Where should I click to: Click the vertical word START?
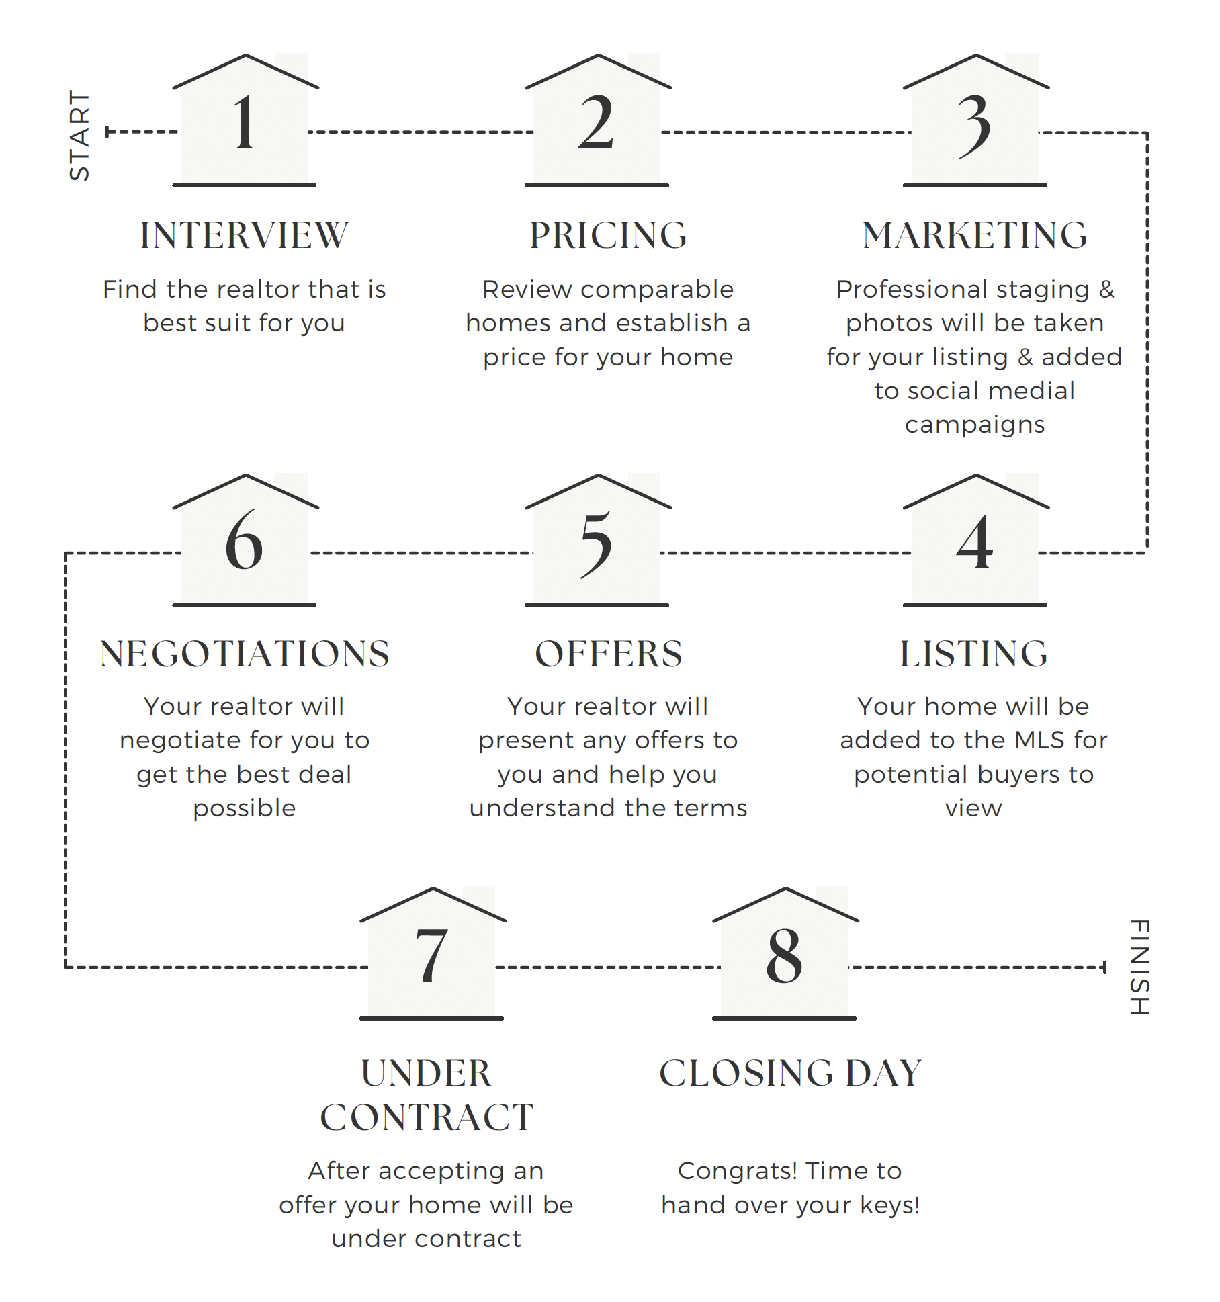[x=79, y=135]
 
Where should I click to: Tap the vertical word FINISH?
[x=1139, y=967]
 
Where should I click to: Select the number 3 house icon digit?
[x=974, y=125]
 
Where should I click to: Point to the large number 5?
[x=597, y=544]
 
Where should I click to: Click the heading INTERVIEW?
[x=244, y=236]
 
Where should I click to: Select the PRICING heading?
[x=608, y=236]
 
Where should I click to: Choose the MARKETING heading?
[x=975, y=236]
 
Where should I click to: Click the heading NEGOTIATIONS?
[x=245, y=654]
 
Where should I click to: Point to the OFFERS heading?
[x=608, y=654]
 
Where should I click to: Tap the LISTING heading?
[x=973, y=654]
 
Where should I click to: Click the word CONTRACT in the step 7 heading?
[x=427, y=1117]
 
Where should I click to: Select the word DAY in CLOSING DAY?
[x=883, y=1073]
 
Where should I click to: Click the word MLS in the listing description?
[x=1039, y=740]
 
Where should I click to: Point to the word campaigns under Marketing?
[x=975, y=425]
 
